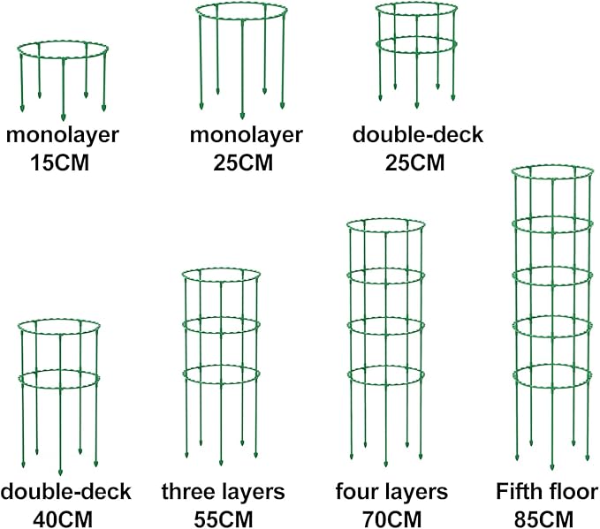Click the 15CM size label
[x=60, y=162]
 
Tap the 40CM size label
[x=63, y=520]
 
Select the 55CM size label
[x=224, y=520]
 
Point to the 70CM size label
[x=391, y=520]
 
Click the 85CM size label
[x=543, y=520]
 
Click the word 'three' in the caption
[x=186, y=492]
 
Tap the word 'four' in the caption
[x=355, y=492]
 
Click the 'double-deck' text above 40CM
[x=65, y=492]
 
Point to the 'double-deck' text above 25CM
[x=418, y=134]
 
